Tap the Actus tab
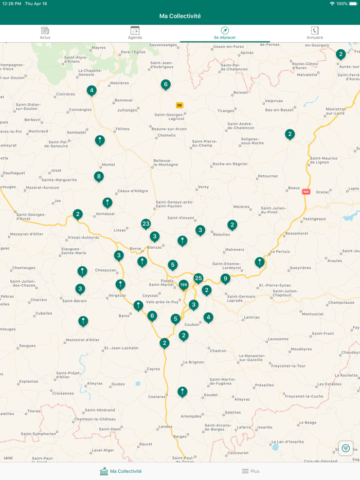[45, 33]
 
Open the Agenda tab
[135, 33]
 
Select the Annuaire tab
[315, 33]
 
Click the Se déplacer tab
[225, 33]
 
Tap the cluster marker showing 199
[184, 285]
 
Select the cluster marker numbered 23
[146, 224]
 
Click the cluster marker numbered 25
[199, 278]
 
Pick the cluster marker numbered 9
[225, 279]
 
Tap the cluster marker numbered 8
[99, 176]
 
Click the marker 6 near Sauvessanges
[165, 84]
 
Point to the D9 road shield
[179, 105]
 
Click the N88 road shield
[306, 192]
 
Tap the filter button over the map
[346, 448]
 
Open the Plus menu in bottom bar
[251, 471]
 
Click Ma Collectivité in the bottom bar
[121, 471]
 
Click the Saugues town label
[27, 346]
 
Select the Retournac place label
[268, 176]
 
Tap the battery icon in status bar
[353, 4]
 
